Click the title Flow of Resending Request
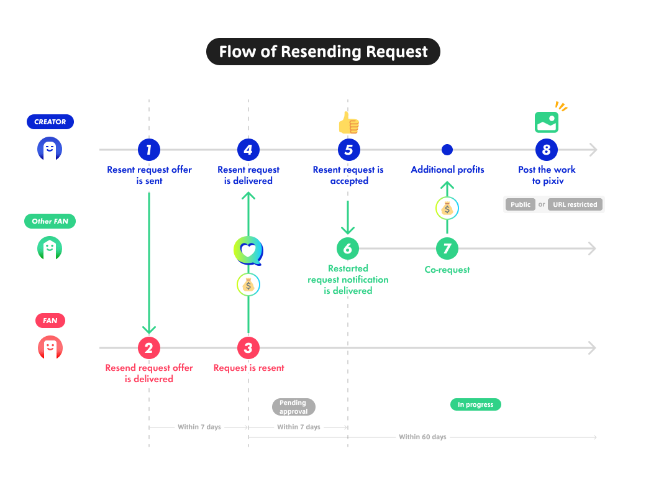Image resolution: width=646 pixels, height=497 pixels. pos(323,52)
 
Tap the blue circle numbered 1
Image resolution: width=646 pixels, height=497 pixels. pos(149,150)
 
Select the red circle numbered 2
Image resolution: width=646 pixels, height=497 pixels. pos(149,348)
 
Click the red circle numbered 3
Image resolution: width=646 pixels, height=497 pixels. pos(248,348)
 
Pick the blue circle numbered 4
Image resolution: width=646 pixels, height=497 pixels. pos(248,150)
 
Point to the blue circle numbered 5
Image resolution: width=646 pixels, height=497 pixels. pos(348,150)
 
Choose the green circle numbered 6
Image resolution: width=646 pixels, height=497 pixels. pos(348,248)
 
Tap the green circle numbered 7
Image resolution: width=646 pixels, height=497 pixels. pos(447,248)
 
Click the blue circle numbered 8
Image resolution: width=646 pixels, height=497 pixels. pos(547,150)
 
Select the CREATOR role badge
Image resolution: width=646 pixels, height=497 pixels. pos(50,122)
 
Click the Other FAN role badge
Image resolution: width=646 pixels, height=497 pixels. pos(50,221)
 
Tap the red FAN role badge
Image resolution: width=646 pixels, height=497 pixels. pos(50,321)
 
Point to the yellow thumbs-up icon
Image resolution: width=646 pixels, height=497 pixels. pos(348,123)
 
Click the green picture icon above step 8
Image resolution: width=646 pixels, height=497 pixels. pos(547,122)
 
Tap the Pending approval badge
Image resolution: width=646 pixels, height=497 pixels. pos(293,407)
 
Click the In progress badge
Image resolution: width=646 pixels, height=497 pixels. pos(475,404)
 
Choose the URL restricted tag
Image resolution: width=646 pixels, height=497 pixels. pos(575,204)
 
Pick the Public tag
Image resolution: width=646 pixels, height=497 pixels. pos(520,204)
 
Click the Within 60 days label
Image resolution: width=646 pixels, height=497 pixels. pos(422,437)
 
